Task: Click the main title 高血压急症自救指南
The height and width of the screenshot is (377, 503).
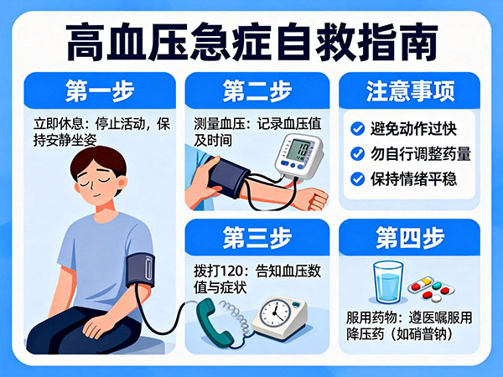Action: [251, 42]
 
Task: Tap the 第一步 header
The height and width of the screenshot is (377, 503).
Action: [100, 91]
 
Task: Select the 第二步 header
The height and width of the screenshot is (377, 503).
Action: [257, 91]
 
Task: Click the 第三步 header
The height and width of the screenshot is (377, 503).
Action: [257, 238]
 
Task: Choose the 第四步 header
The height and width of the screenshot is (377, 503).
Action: [410, 238]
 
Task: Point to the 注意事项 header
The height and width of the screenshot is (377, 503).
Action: [410, 91]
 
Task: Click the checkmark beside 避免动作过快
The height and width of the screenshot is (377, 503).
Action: [357, 129]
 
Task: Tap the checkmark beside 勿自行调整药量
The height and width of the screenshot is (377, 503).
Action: [357, 154]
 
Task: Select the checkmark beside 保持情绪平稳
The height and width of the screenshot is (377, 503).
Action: [357, 179]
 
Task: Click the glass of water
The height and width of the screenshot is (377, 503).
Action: [388, 282]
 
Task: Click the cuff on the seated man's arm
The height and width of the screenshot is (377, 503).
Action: [140, 270]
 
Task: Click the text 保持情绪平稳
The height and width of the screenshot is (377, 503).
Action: [413, 179]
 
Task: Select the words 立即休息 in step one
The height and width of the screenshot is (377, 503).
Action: [58, 124]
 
